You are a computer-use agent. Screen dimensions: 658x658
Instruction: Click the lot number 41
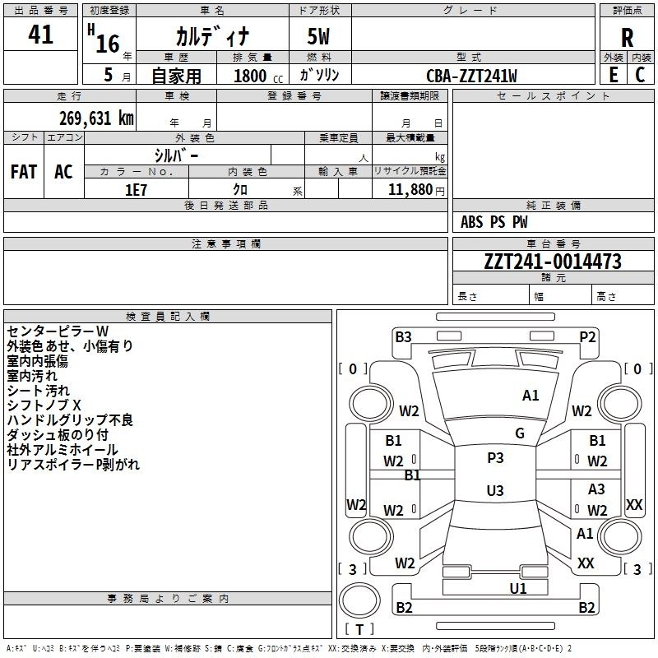coord(41,35)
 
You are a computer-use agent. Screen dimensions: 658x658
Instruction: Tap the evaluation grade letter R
coord(628,38)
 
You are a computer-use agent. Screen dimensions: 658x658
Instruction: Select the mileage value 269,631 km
coord(96,118)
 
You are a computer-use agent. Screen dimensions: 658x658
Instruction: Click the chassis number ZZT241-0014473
coord(553,262)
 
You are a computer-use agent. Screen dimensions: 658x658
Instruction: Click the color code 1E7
coord(137,189)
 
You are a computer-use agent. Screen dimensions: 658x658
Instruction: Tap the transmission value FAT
coord(24,172)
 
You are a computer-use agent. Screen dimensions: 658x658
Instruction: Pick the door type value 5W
coord(320,38)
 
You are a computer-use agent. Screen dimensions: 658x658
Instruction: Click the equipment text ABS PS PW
coord(494,222)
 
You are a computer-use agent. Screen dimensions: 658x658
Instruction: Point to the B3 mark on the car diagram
coord(403,336)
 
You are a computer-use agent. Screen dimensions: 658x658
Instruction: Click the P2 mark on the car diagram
coord(587,336)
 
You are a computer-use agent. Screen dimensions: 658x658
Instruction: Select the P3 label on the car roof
coord(495,458)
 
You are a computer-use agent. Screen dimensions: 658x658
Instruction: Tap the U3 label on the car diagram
coord(495,491)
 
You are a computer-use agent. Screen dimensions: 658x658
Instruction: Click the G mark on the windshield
coord(520,433)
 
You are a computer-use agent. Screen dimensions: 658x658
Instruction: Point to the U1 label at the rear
coord(518,588)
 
